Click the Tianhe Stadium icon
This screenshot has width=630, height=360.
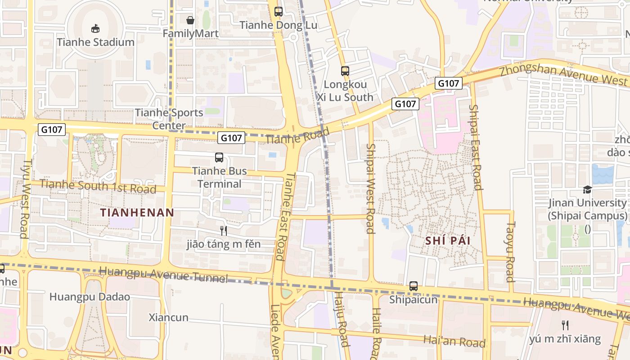click(95, 29)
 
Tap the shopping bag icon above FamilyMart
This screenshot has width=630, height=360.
click(190, 20)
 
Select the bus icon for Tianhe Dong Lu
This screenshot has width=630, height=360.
click(279, 12)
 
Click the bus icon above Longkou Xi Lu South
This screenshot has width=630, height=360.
click(345, 71)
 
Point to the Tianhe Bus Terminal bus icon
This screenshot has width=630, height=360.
click(219, 157)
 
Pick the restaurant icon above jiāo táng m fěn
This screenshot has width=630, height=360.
click(223, 231)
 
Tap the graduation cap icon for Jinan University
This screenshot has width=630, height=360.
click(587, 189)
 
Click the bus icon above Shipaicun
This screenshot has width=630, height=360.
click(414, 286)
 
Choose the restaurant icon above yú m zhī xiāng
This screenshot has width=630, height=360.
click(565, 325)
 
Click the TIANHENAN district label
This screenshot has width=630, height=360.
click(137, 213)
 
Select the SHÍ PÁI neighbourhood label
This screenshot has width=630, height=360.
click(448, 241)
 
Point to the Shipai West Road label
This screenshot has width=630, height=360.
click(370, 189)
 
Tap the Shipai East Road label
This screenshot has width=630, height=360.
click(476, 147)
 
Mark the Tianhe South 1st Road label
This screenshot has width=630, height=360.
click(98, 186)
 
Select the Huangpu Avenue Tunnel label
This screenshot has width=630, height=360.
click(163, 274)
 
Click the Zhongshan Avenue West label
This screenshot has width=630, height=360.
click(563, 74)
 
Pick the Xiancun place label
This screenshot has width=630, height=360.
click(169, 318)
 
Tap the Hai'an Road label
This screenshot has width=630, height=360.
click(454, 341)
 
